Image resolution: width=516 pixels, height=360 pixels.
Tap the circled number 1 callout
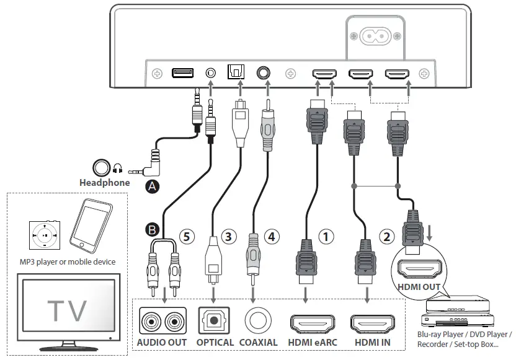[x=326, y=236]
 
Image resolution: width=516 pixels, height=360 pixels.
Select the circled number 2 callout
[x=386, y=236]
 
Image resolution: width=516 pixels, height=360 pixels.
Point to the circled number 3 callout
[x=230, y=236]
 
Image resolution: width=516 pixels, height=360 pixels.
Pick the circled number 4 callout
[x=271, y=236]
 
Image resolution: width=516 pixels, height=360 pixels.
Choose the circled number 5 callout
[x=187, y=236]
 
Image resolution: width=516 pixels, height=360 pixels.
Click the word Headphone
[x=105, y=183]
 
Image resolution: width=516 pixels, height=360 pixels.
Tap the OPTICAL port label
[x=215, y=342]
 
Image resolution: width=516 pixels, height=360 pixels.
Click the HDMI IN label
[x=373, y=342]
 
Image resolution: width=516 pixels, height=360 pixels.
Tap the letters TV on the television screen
[x=68, y=310]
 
